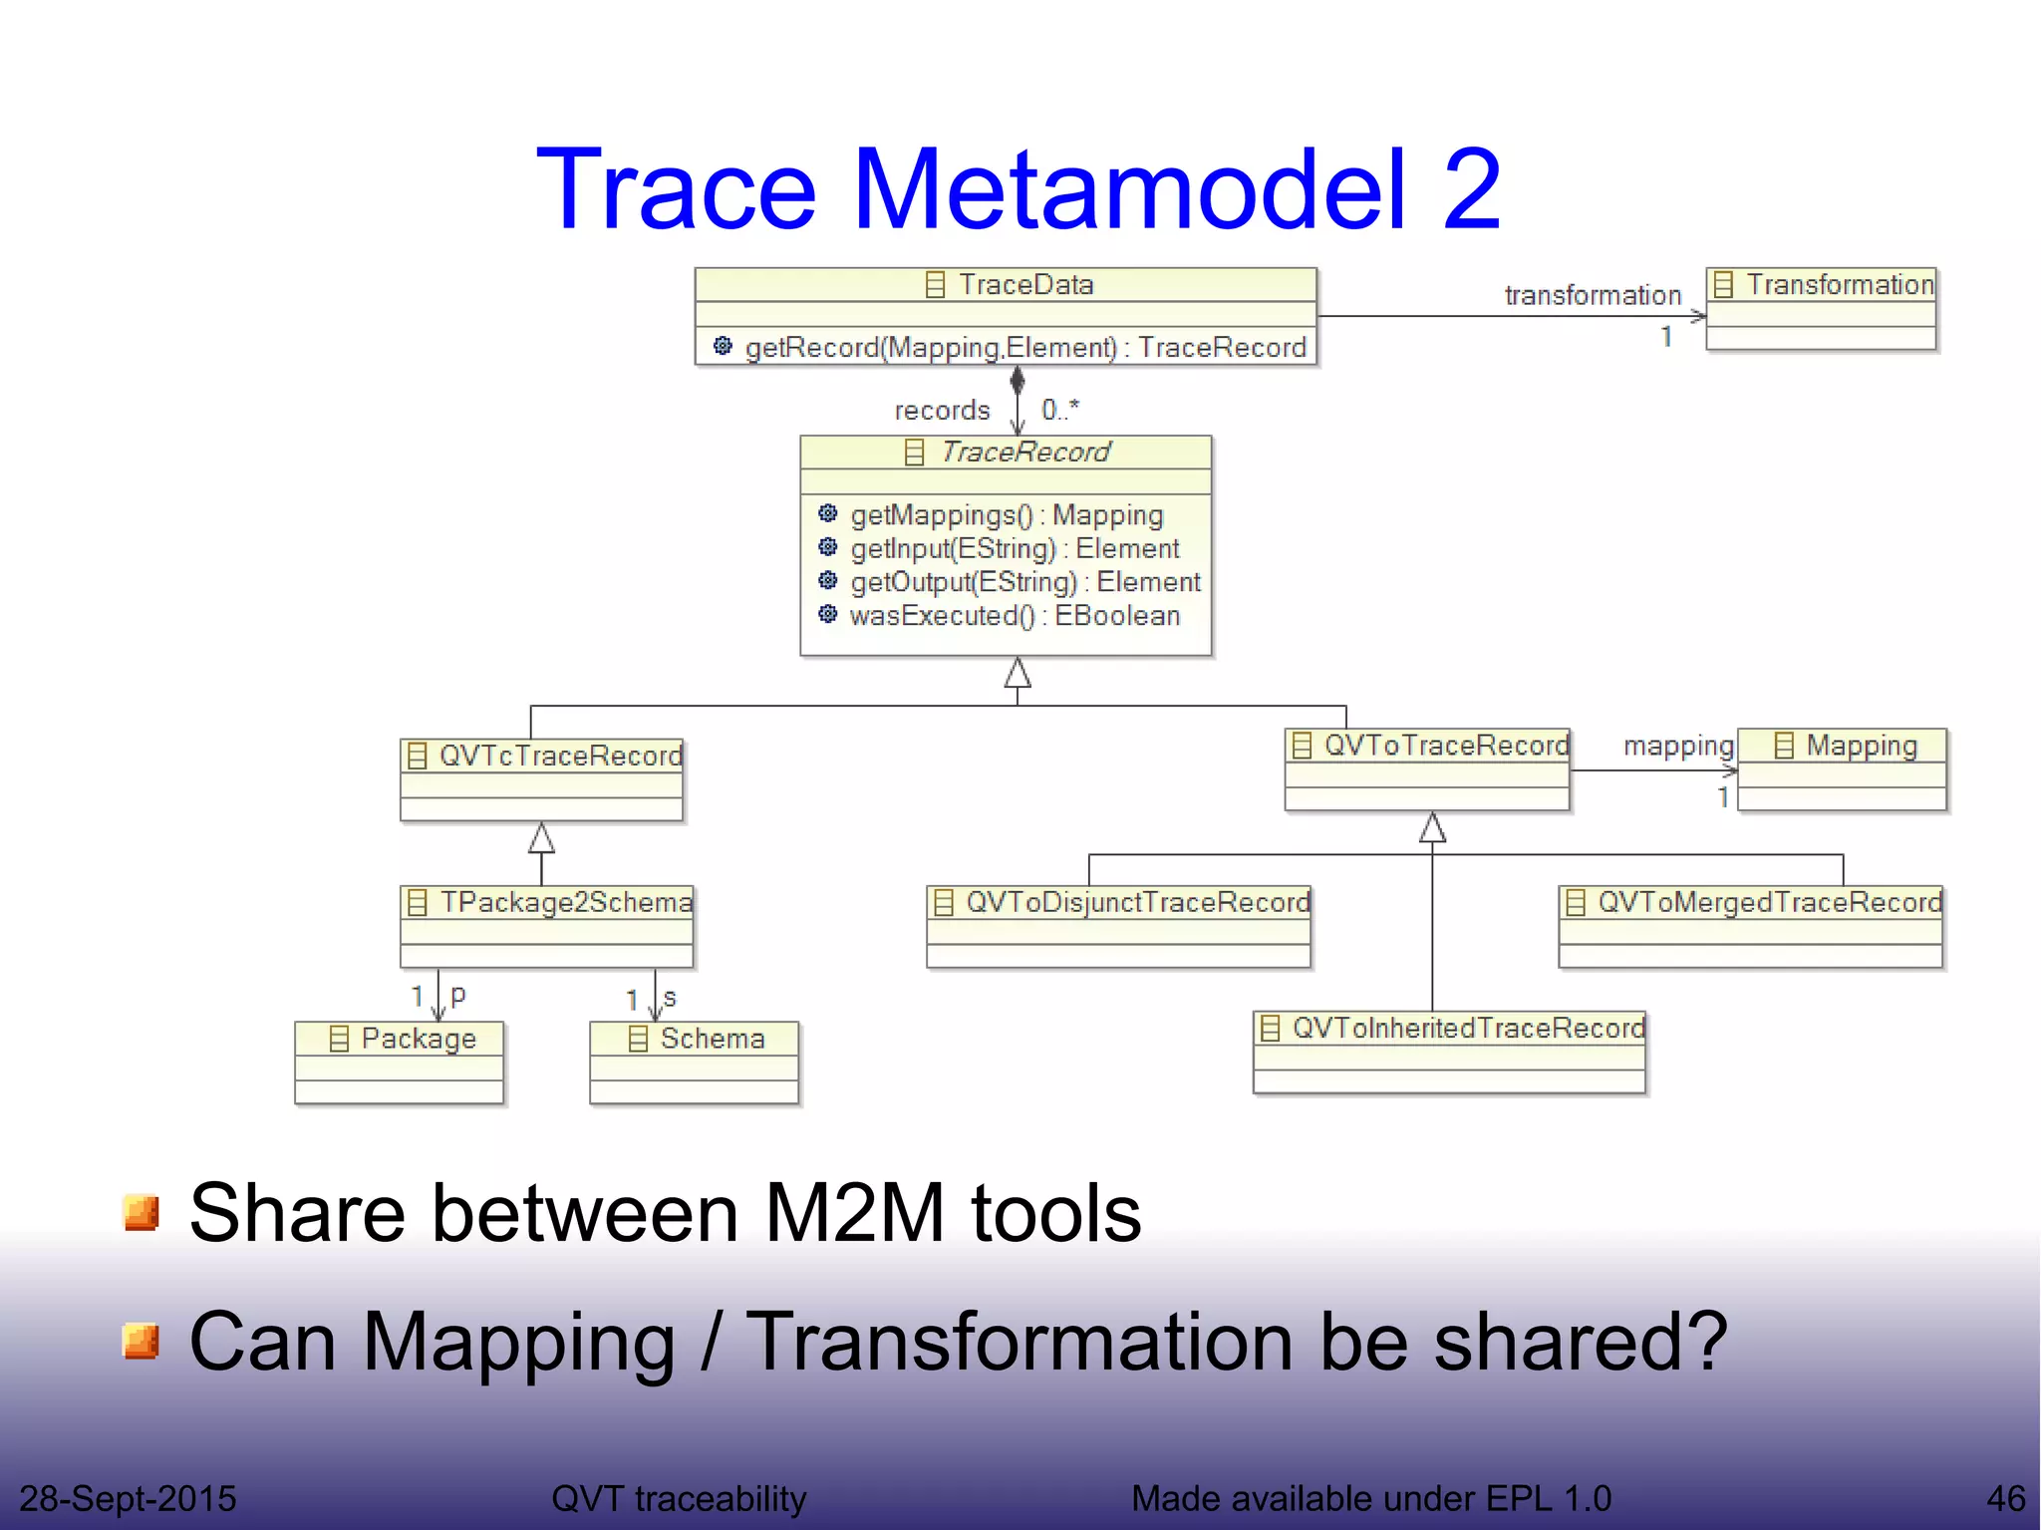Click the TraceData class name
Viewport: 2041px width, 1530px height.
click(x=1024, y=285)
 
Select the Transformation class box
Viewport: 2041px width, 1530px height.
click(x=1821, y=308)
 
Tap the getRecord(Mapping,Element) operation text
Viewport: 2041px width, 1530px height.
click(x=1024, y=347)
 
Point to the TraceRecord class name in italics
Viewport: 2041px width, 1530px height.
click(x=1024, y=453)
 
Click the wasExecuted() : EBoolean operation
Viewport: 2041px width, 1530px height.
click(x=1014, y=616)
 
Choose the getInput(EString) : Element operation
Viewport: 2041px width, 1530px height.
click(x=1014, y=549)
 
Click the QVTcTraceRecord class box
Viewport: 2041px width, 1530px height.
click(x=541, y=779)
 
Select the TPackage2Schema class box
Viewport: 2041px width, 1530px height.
click(x=546, y=926)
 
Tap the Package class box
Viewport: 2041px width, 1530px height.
click(x=400, y=1062)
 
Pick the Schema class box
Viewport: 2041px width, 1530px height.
click(x=695, y=1062)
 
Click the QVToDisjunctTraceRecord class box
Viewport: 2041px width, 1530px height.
click(x=1118, y=926)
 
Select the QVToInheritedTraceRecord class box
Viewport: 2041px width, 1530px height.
click(x=1449, y=1053)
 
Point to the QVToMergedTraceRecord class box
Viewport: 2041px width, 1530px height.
click(x=1751, y=926)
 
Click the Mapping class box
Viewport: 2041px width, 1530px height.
click(x=1842, y=769)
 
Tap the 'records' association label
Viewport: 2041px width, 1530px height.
click(x=942, y=411)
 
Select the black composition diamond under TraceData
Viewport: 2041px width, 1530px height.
click(x=1017, y=381)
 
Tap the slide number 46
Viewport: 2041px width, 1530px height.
click(x=2005, y=1498)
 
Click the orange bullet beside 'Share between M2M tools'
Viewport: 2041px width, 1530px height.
click(x=141, y=1213)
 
